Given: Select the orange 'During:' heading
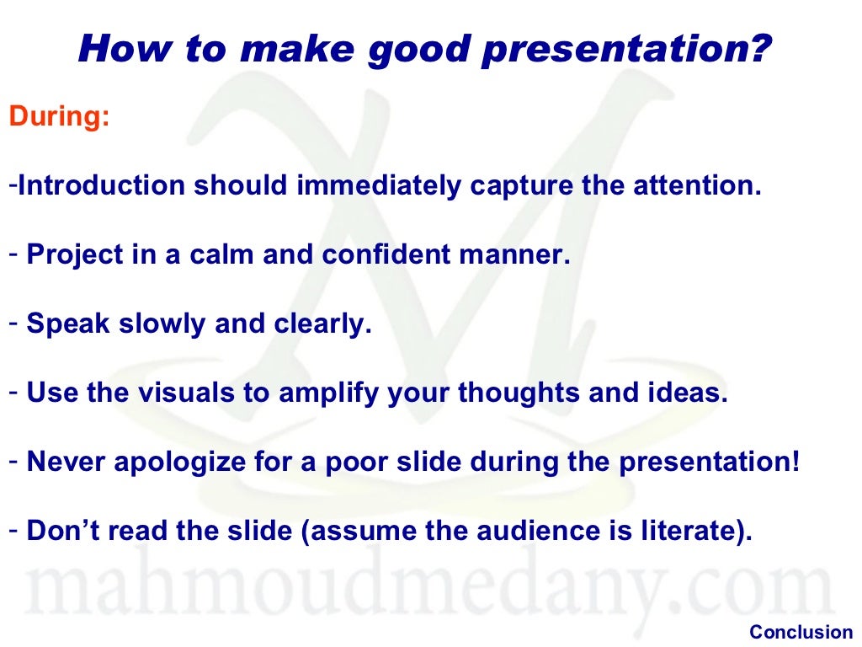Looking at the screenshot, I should [59, 117].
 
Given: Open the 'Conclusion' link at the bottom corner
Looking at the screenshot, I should [801, 632].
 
